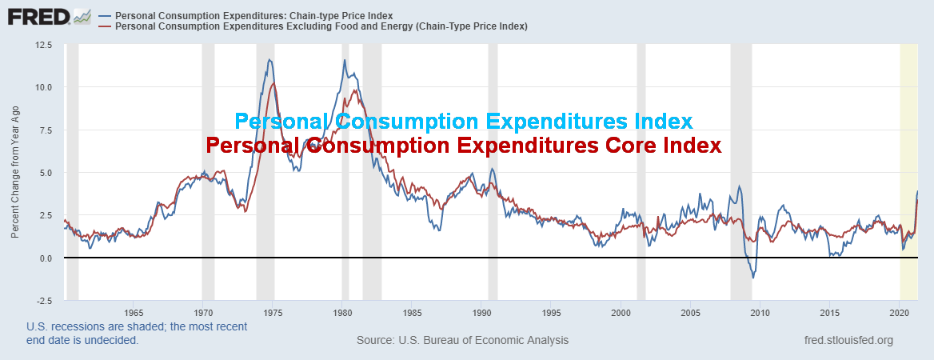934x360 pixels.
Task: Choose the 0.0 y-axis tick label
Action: (x=45, y=258)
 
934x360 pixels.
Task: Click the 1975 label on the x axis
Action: (x=273, y=312)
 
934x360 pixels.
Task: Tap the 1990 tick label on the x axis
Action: (x=481, y=312)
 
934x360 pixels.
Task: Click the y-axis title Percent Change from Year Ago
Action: (x=15, y=173)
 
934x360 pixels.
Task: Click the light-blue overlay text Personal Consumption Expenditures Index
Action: (x=463, y=122)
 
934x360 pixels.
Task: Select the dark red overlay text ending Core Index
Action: (x=463, y=146)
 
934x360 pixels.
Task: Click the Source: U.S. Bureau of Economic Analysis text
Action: (x=462, y=340)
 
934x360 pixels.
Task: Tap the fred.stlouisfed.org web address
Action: (x=848, y=340)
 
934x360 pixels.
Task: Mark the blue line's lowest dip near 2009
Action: (x=752, y=278)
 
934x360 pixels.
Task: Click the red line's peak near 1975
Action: (x=273, y=83)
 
